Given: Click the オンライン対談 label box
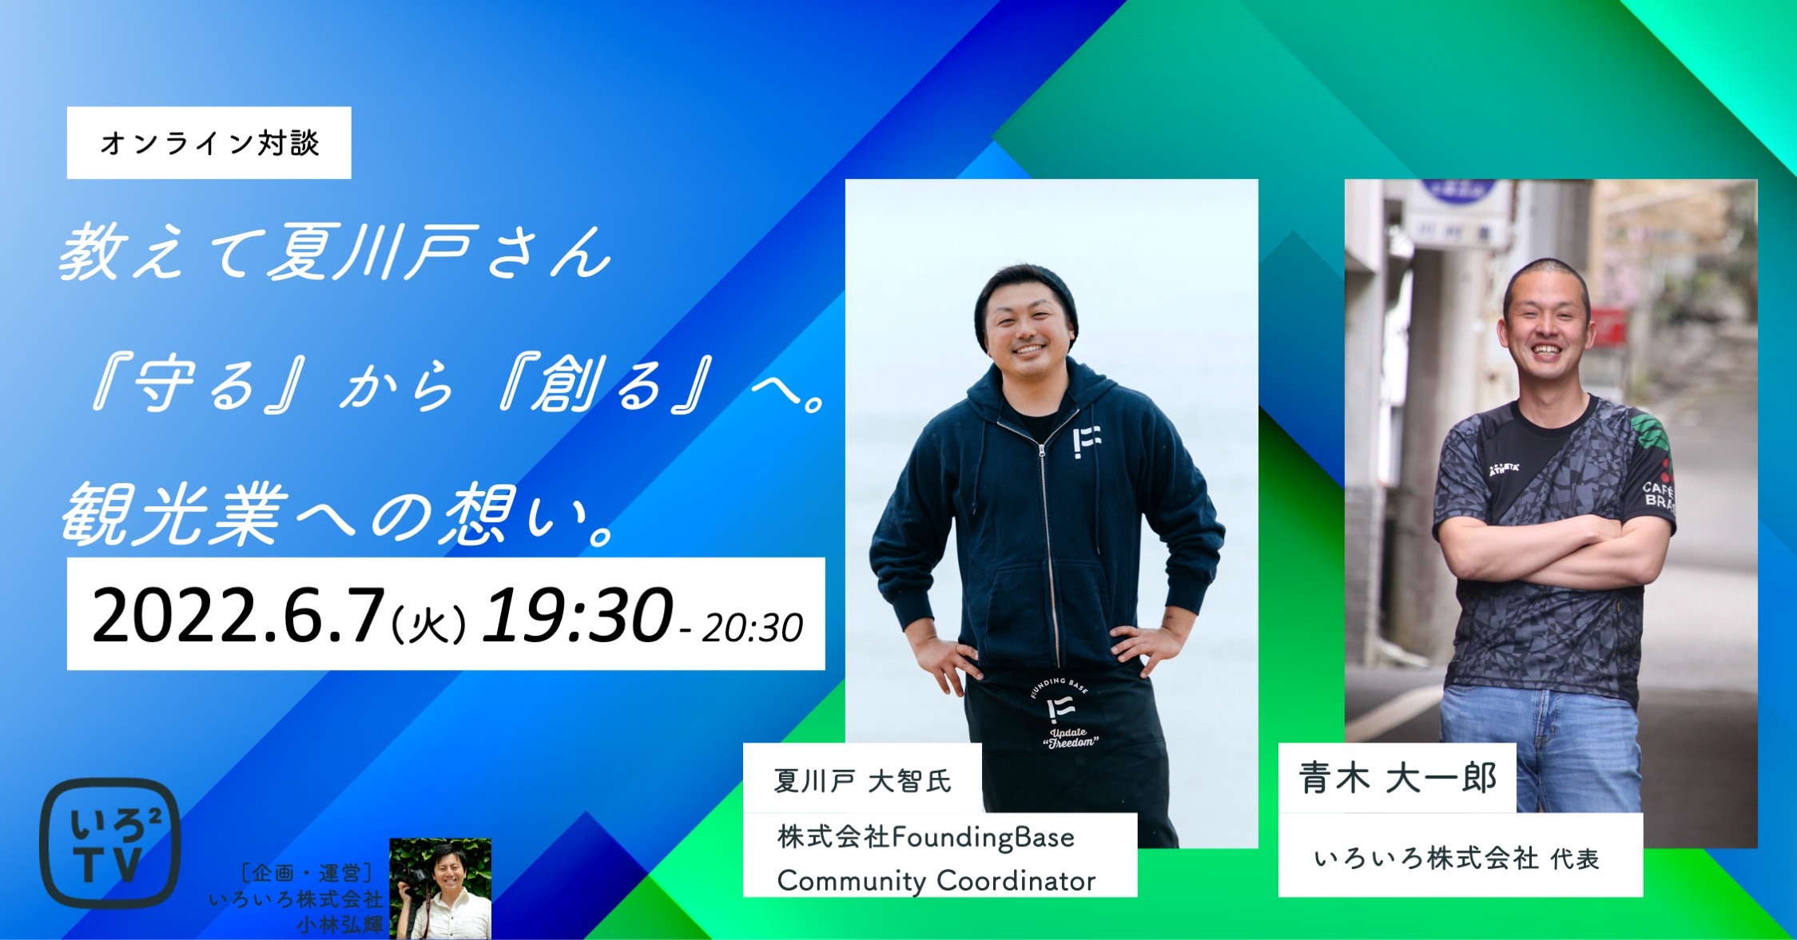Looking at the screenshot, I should pos(209,143).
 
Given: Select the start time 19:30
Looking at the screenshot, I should pos(576,614).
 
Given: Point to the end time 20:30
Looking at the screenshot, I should pos(752,628).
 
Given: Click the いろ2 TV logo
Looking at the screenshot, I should pos(109,843).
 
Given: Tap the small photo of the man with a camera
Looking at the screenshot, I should pos(440,888).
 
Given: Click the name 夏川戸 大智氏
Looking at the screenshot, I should pos(862,780).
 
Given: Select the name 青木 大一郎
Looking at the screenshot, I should pos(1397,778).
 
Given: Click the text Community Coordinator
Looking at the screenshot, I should pos(936,881).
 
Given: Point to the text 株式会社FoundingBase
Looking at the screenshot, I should pos(926,837).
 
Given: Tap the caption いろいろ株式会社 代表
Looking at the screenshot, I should pos(1457,859).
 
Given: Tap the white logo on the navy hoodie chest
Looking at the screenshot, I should pos(1087,441).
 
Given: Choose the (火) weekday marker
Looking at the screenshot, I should pos(428,625).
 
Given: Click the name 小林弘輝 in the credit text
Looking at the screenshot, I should pos(339,925).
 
